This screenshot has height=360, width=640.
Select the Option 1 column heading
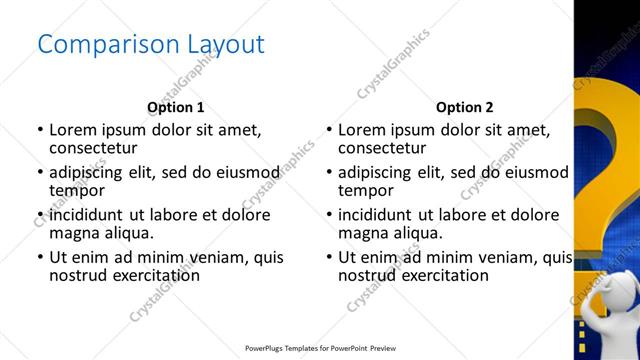pyautogui.click(x=175, y=107)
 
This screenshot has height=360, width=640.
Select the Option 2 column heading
pyautogui.click(x=464, y=107)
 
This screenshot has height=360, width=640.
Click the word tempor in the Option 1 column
pyautogui.click(x=77, y=190)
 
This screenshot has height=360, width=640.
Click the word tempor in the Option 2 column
pyautogui.click(x=366, y=190)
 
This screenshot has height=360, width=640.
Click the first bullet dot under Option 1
pyautogui.click(x=40, y=130)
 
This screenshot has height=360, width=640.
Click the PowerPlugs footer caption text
pyautogui.click(x=320, y=349)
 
